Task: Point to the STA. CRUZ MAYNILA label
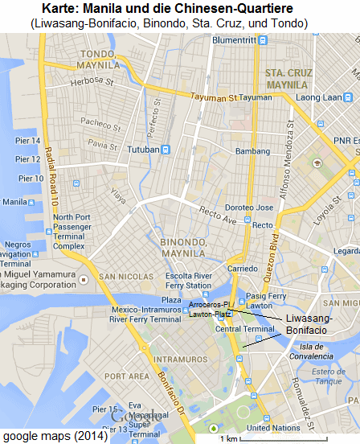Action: click(288, 79)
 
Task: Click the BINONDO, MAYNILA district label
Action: click(183, 247)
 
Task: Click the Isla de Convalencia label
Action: click(316, 351)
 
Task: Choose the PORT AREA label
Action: click(127, 376)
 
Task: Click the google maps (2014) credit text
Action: click(47, 437)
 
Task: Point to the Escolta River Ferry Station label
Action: click(189, 281)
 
